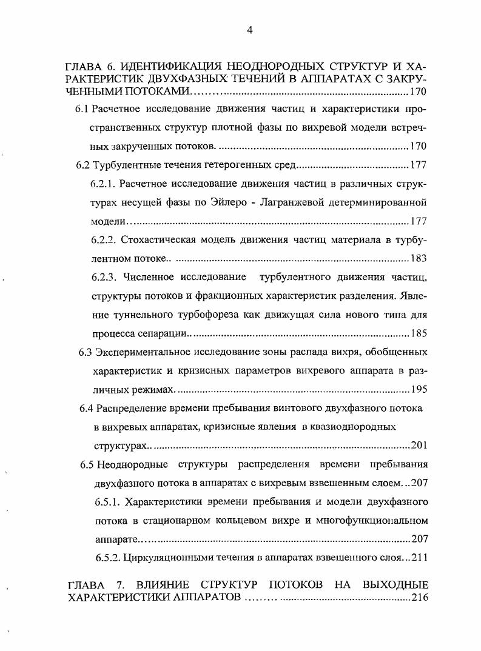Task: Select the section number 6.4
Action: coord(86,408)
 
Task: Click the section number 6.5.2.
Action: coord(109,558)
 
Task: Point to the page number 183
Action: coord(419,258)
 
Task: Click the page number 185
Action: coord(419,333)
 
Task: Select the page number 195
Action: coord(419,389)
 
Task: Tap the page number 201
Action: coord(419,446)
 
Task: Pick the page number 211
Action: coord(419,558)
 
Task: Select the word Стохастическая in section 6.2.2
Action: coord(159,239)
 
